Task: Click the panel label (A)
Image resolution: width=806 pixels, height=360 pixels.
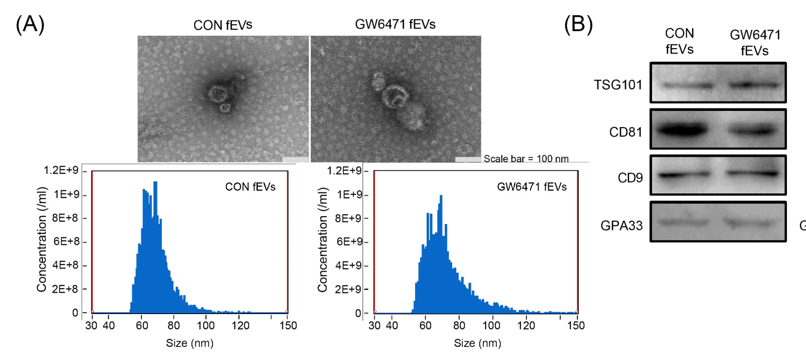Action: [x=30, y=24]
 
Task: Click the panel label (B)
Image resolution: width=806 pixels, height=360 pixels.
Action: [x=578, y=24]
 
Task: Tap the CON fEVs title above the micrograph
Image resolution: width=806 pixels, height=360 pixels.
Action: [x=223, y=25]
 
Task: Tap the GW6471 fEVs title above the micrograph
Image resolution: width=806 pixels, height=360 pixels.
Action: [x=395, y=24]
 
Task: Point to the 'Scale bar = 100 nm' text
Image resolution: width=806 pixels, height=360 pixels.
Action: [x=526, y=159]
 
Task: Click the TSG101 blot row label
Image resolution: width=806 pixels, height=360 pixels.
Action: [x=618, y=85]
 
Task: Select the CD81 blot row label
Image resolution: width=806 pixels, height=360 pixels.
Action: [x=626, y=132]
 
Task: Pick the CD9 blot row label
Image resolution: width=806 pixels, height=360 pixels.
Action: [x=630, y=178]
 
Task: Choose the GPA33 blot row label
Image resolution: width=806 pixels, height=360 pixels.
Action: [x=621, y=225]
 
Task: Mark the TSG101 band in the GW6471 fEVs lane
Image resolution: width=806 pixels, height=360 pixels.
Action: [x=754, y=85]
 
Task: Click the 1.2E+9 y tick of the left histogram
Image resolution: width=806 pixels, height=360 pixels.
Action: [x=61, y=170]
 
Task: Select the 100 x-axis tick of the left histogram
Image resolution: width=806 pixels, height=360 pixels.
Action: [x=205, y=325]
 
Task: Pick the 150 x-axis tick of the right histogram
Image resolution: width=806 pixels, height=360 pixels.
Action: [x=576, y=325]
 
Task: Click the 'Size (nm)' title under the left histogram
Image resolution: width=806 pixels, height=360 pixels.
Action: [x=190, y=343]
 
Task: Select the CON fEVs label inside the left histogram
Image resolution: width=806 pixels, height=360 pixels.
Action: [x=250, y=187]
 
